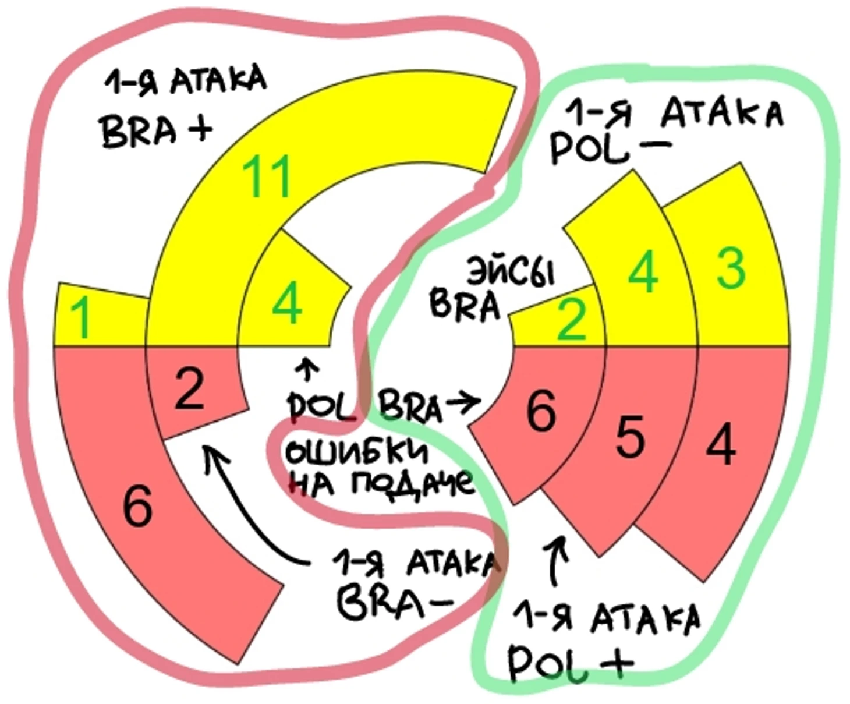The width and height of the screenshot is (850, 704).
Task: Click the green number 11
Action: [267, 176]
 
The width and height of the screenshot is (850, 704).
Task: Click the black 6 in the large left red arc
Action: [138, 505]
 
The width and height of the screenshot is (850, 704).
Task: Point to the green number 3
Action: [731, 268]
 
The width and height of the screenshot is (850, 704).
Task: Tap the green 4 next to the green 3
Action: [643, 273]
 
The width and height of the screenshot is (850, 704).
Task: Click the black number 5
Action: [630, 437]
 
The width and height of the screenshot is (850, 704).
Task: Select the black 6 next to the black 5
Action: [540, 411]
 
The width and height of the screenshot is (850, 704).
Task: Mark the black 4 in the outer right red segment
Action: [720, 445]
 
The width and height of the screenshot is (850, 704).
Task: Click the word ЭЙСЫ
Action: [511, 272]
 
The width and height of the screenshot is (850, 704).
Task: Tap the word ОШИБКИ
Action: [356, 451]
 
